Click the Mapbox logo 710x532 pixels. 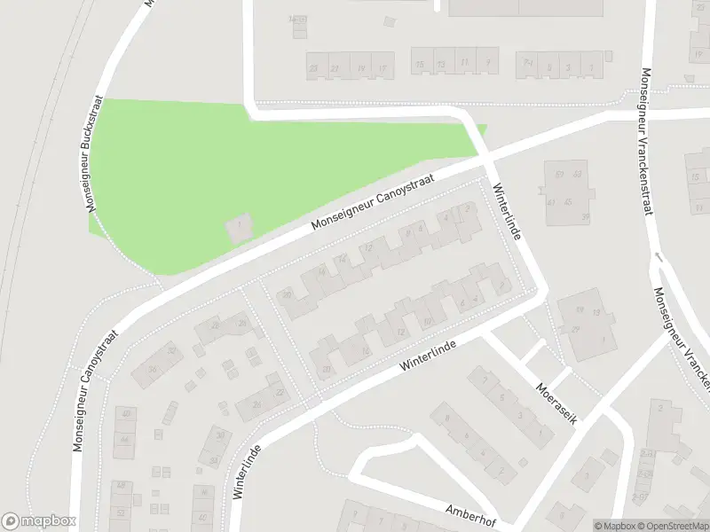click(x=39, y=521)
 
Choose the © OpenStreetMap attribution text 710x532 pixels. click(x=672, y=526)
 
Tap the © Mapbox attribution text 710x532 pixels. click(x=613, y=526)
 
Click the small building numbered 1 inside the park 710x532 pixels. click(x=239, y=227)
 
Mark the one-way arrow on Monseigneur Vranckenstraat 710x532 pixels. click(x=658, y=256)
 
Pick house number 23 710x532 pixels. click(x=312, y=67)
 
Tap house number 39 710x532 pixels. click(x=585, y=215)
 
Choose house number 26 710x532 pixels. click(x=257, y=405)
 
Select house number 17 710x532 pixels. click(x=383, y=67)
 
